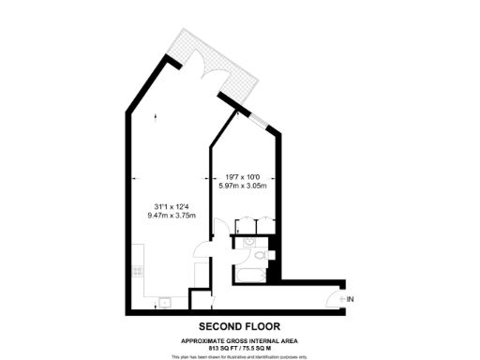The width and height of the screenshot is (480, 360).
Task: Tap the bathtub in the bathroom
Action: pos(247,273)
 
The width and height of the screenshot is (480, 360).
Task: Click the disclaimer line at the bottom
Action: pos(240,357)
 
